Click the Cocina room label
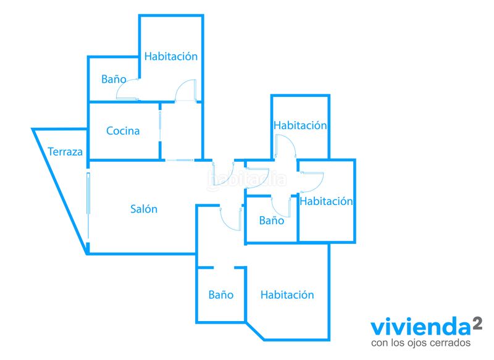(x=123, y=131)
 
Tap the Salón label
(x=144, y=209)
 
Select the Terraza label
(x=65, y=152)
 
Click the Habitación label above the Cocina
(x=171, y=56)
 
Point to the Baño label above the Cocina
(x=114, y=79)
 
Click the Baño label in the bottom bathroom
(x=221, y=295)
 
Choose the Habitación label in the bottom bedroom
(x=287, y=295)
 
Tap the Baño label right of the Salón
(x=272, y=220)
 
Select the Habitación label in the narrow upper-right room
(x=300, y=125)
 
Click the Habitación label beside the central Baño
(x=326, y=201)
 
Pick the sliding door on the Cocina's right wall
(x=160, y=126)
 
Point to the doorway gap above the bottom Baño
(x=224, y=268)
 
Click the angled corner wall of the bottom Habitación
(x=254, y=331)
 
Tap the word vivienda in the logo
(x=421, y=327)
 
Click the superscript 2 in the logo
(x=477, y=324)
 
